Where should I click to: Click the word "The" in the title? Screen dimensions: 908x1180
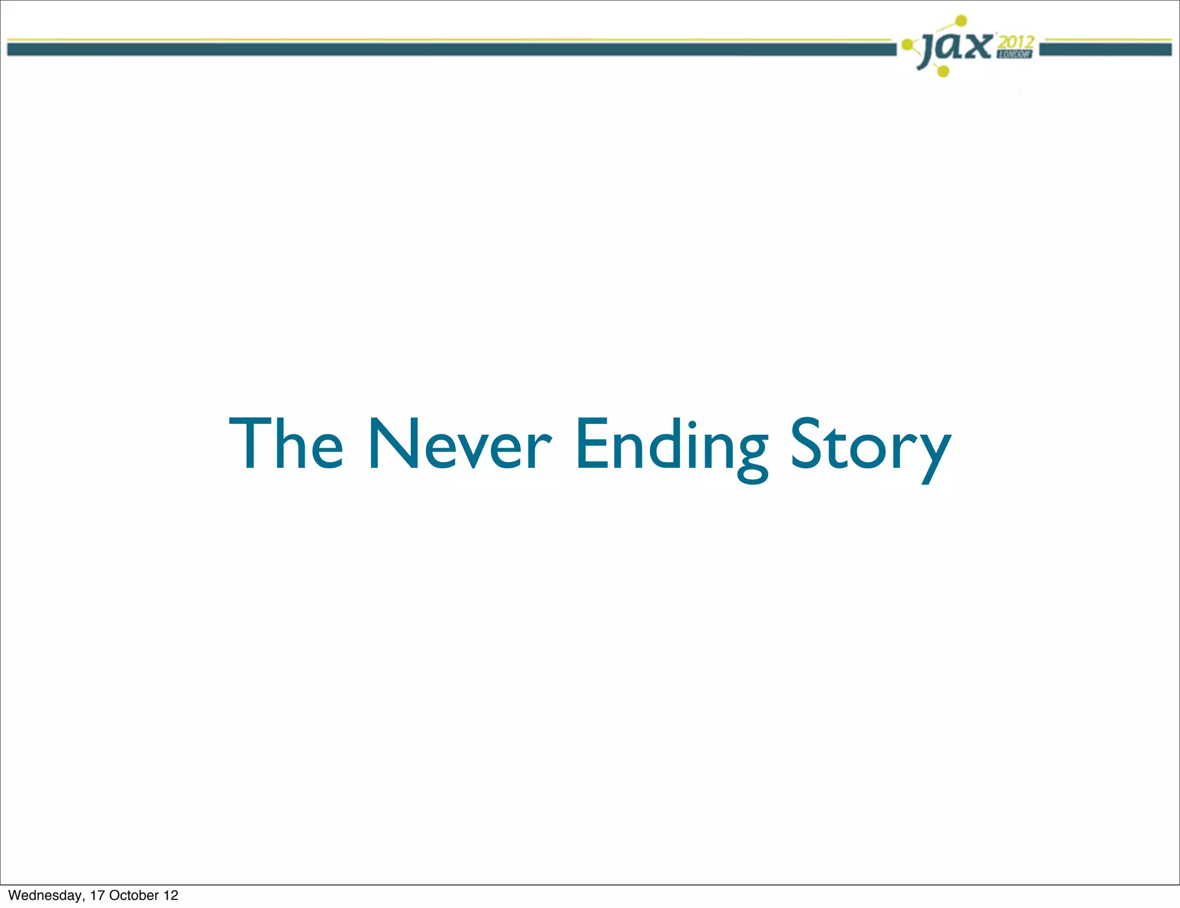click(x=286, y=444)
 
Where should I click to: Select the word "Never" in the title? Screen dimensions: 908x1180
click(x=459, y=444)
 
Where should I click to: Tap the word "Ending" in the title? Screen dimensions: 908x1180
click(x=671, y=447)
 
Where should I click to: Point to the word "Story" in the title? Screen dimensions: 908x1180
click(x=870, y=447)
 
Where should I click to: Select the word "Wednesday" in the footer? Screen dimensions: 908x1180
click(x=46, y=895)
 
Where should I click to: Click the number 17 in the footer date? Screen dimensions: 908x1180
click(x=97, y=895)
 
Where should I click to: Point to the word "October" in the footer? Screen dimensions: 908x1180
click(x=134, y=895)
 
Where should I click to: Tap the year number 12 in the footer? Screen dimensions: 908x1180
click(x=171, y=895)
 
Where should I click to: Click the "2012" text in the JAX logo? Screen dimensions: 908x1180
click(x=1016, y=42)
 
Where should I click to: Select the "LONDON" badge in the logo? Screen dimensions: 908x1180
click(x=1014, y=54)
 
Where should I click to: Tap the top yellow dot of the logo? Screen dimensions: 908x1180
click(x=961, y=21)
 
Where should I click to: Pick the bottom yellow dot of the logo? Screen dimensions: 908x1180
click(x=943, y=71)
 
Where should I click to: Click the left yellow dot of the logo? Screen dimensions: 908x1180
click(x=907, y=44)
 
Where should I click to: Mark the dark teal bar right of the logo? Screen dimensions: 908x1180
click(x=1105, y=50)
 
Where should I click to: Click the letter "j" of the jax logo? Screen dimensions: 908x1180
click(x=929, y=51)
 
